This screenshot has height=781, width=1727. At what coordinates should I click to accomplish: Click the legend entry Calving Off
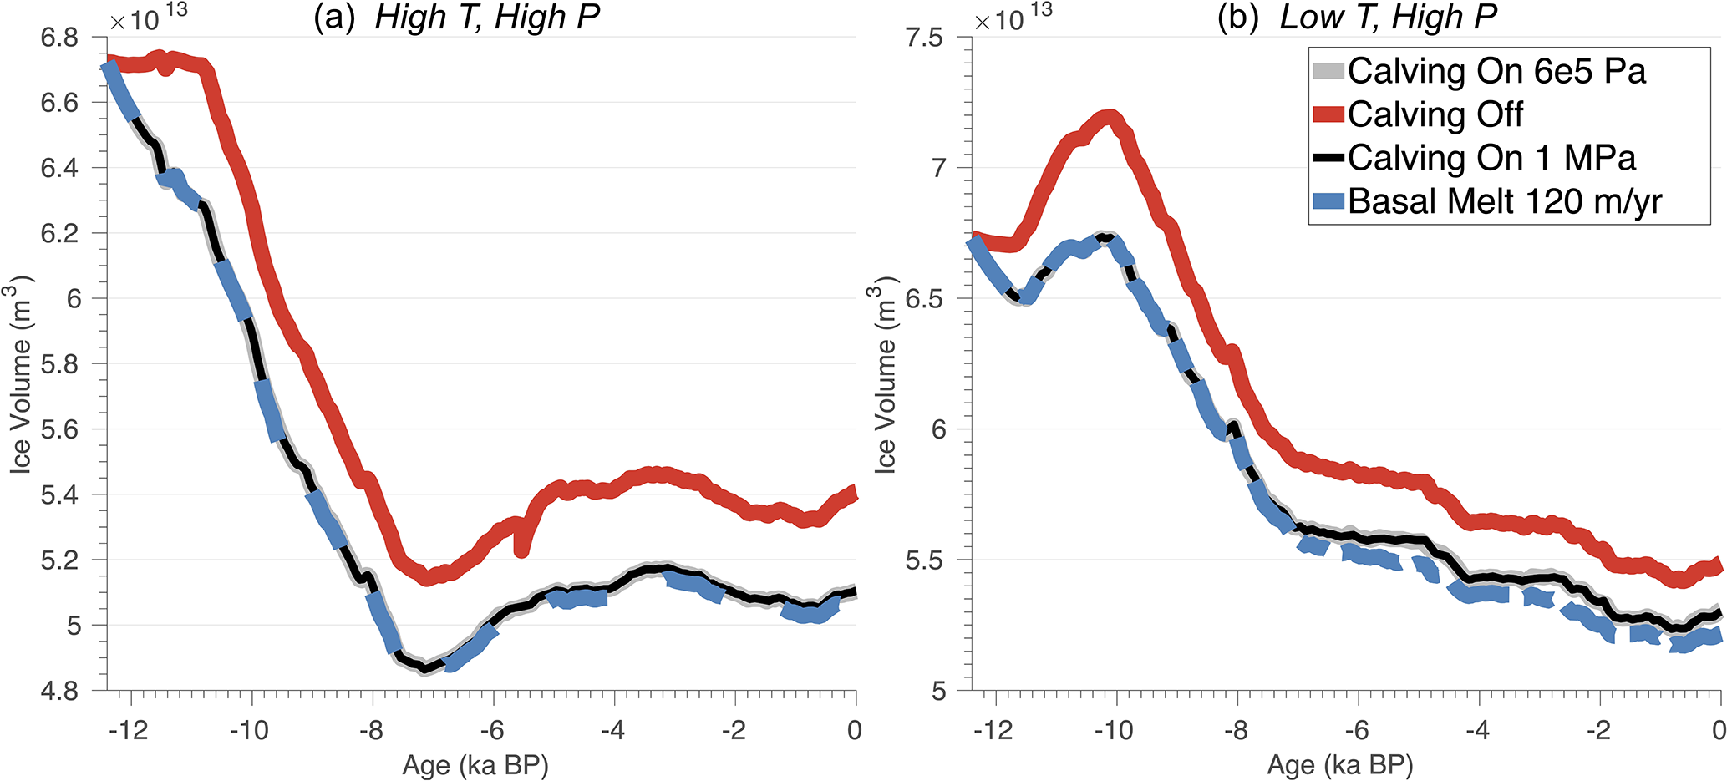1435,114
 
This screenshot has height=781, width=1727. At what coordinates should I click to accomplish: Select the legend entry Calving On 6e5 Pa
1496,71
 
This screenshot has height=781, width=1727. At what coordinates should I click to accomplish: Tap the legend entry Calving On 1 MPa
1491,158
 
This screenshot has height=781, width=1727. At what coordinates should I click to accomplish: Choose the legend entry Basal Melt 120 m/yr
1504,201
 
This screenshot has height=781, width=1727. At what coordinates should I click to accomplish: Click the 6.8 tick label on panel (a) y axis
59,38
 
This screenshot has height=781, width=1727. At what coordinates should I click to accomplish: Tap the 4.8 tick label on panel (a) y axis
59,691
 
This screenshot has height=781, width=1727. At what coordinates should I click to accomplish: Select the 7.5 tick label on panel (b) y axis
924,38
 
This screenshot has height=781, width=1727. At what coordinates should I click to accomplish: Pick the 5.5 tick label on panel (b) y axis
924,560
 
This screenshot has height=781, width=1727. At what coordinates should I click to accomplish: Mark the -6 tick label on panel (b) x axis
1356,730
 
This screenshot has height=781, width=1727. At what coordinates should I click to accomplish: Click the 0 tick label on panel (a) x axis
854,730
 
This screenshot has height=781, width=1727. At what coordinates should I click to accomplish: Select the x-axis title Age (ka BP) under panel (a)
475,765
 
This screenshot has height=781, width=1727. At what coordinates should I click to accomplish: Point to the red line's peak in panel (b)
1110,116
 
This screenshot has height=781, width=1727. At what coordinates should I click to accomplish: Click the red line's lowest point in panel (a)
427,576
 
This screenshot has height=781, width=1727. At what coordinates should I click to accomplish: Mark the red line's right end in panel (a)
854,494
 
